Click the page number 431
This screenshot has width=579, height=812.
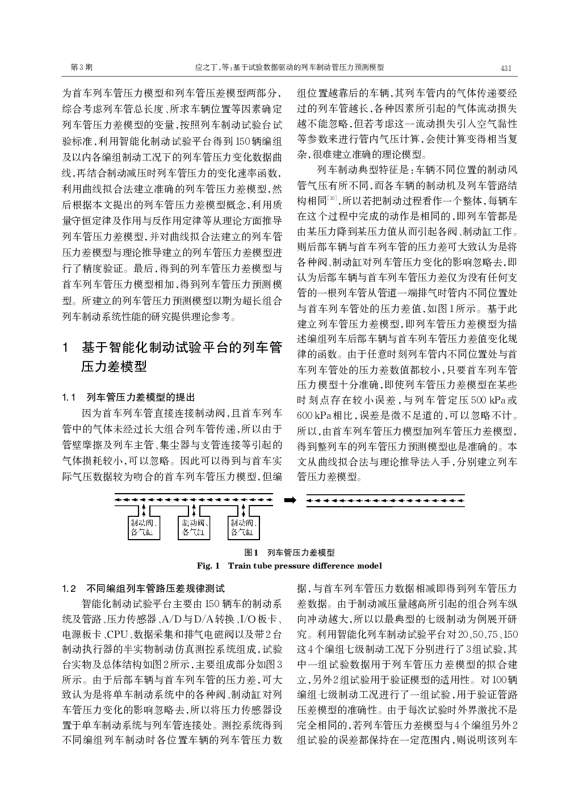506,68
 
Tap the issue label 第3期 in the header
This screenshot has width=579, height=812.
81,68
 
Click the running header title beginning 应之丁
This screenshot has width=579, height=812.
289,68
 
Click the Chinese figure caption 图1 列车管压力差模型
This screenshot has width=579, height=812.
289,552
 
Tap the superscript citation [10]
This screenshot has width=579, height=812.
332,198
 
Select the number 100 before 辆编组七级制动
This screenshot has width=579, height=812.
499,679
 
